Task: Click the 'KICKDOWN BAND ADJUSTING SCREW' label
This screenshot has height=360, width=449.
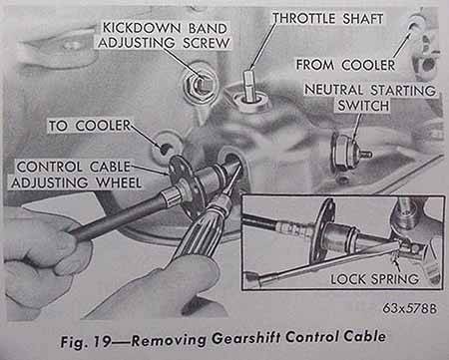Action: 164,35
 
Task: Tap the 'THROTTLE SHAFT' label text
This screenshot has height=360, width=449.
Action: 328,19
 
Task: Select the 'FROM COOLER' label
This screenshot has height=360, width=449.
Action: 345,65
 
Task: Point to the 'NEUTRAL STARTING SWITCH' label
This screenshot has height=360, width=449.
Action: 370,98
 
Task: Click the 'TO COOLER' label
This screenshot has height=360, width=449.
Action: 90,126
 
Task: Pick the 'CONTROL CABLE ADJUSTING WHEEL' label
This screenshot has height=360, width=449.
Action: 76,175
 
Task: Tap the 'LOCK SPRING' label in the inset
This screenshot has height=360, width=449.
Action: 374,278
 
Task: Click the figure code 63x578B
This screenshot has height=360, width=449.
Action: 409,309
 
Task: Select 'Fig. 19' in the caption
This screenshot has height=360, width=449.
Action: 85,341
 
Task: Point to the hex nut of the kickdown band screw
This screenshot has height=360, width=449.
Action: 199,85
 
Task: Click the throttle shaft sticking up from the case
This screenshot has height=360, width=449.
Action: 248,85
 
